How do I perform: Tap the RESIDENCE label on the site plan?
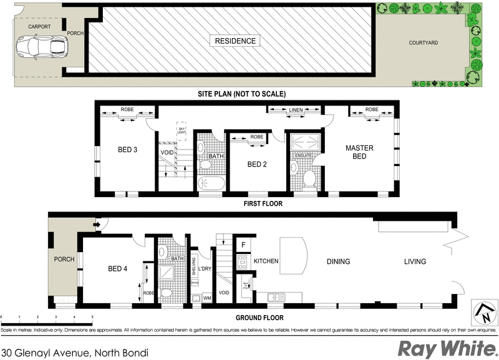pos(235,41)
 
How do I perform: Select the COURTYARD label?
pos(423,43)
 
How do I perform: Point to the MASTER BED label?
pos(360,152)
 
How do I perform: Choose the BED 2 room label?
pos(257,164)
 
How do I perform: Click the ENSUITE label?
pos(303,154)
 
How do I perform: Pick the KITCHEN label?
pos(266,261)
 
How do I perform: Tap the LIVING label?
pos(415,261)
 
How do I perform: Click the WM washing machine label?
pos(206,299)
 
